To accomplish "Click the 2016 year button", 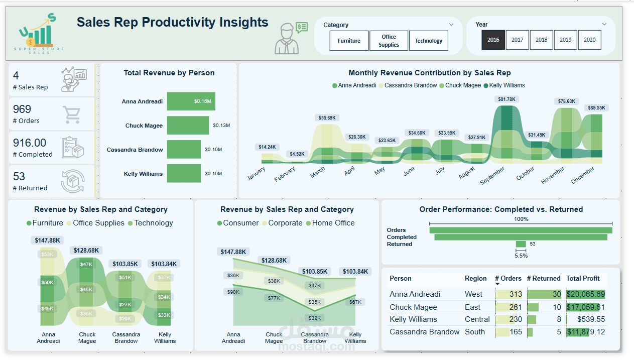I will [493, 40].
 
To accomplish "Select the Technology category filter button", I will [428, 41].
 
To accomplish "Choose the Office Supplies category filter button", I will [389, 41].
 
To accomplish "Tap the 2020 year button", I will [589, 40].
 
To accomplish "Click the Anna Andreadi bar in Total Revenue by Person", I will [191, 101].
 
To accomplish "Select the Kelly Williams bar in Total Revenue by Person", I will [184, 174].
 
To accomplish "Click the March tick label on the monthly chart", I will [318, 172].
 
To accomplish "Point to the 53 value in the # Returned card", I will [19, 177].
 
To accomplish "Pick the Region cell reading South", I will [475, 332].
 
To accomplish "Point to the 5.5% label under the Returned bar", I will [521, 256].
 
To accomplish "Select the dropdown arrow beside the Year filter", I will [604, 24].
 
